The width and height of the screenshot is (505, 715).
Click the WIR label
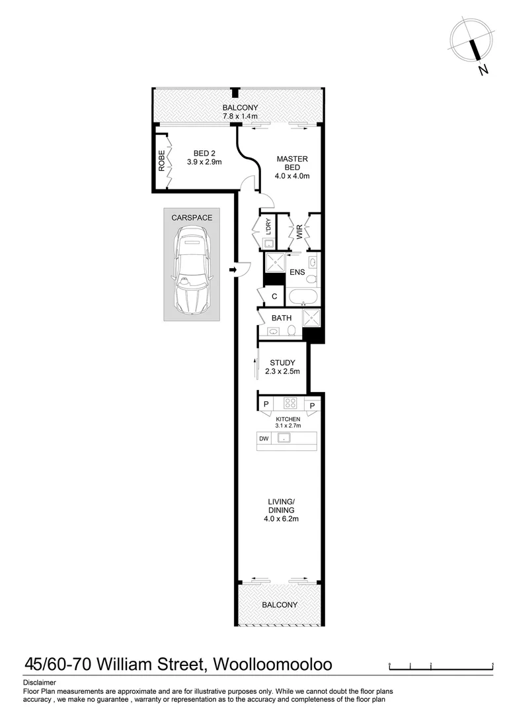[299, 232]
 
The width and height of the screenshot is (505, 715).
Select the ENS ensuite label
[297, 272]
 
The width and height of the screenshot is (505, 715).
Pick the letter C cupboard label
[274, 297]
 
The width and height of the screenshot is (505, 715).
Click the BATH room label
[282, 318]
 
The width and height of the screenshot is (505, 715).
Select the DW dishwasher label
[264, 438]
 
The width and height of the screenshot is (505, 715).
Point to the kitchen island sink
[284, 438]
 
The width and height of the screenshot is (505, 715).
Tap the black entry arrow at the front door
[233, 269]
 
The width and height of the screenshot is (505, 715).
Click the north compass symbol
[472, 42]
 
